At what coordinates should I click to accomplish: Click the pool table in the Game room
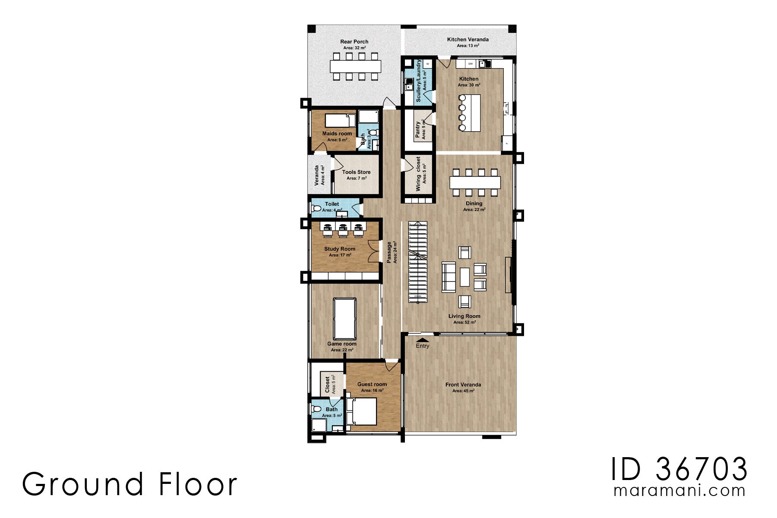click(x=344, y=319)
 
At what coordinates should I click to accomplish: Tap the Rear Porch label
click(x=354, y=42)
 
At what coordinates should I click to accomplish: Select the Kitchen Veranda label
click(x=467, y=39)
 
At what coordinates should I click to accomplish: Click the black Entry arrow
click(x=423, y=340)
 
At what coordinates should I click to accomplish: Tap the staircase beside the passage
click(x=417, y=262)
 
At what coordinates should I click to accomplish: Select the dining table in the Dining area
click(x=475, y=183)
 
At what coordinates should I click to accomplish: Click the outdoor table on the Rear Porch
click(x=355, y=66)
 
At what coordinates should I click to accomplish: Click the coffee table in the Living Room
click(x=464, y=277)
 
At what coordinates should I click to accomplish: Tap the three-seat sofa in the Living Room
click(x=449, y=277)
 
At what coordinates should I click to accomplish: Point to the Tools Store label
click(x=356, y=172)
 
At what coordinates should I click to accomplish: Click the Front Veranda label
click(x=463, y=385)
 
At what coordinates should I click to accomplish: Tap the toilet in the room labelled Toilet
click(x=316, y=209)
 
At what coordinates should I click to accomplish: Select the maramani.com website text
click(x=679, y=491)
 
